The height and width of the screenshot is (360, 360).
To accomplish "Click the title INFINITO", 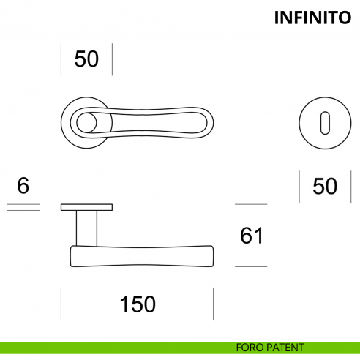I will [x=313, y=18].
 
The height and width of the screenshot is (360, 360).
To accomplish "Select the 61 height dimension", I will [x=251, y=236].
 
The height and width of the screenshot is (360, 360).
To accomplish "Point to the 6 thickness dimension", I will [x=23, y=186].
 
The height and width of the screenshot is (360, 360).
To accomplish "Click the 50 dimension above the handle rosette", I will [x=86, y=59].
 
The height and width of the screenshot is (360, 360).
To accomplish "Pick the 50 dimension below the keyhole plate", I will [x=325, y=187].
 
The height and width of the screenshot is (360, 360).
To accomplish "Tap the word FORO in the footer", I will [x=250, y=348].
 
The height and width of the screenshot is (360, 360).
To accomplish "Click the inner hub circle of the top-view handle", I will [x=86, y=122].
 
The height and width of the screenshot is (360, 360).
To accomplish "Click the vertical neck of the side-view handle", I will [x=86, y=228].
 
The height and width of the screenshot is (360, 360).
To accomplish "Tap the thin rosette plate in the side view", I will [x=86, y=206].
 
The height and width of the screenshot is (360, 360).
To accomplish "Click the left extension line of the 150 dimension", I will [x=61, y=304].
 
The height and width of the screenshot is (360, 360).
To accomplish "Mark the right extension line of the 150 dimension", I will [x=213, y=304].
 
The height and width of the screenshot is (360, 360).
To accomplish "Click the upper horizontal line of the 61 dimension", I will [x=251, y=204].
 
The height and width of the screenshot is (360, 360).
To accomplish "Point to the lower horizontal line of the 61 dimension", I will [x=251, y=266].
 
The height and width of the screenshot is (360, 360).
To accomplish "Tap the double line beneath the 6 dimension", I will [x=23, y=208].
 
